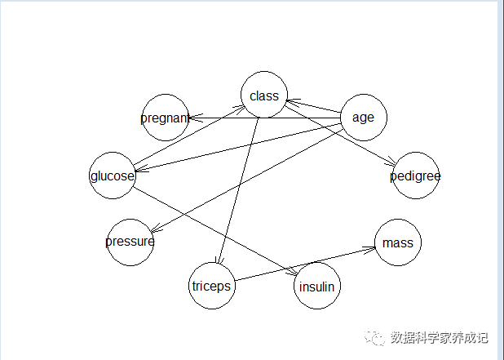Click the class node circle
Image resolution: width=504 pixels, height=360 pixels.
(x=264, y=96)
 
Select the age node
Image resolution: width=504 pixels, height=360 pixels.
(x=363, y=118)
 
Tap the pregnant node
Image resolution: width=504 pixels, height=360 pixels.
(x=165, y=118)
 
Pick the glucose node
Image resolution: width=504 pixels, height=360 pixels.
(x=113, y=176)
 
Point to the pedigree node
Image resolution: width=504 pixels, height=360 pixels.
(x=415, y=176)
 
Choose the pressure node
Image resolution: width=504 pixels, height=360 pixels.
(x=130, y=242)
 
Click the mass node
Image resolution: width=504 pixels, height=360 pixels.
(x=398, y=242)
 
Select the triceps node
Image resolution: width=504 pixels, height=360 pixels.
(x=211, y=286)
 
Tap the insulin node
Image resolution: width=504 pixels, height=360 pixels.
(x=316, y=287)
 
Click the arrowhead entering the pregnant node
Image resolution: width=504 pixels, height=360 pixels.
(x=192, y=118)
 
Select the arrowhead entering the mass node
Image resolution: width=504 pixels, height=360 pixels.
(x=372, y=248)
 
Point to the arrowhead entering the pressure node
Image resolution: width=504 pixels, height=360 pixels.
(x=153, y=231)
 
